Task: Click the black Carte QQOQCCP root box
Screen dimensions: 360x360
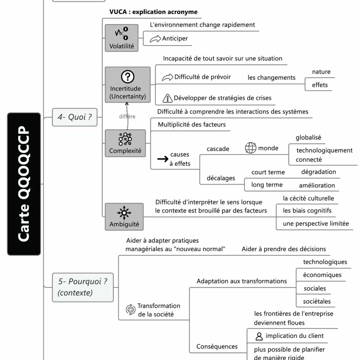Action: tap(24, 184)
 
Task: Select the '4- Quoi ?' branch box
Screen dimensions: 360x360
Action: tap(75, 117)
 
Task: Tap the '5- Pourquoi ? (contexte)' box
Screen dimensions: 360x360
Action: tap(83, 287)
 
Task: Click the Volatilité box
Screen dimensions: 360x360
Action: tap(121, 38)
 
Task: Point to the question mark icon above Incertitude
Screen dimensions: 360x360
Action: tap(127, 77)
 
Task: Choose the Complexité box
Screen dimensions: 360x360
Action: tap(125, 143)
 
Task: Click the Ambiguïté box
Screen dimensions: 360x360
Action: tap(124, 217)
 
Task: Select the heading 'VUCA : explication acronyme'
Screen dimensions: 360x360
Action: tap(153, 12)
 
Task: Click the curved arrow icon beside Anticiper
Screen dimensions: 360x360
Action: tap(155, 39)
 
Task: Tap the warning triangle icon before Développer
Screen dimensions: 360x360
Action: tap(167, 98)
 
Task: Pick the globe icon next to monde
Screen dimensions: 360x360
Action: tap(250, 148)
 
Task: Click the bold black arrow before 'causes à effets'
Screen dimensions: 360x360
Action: tap(163, 159)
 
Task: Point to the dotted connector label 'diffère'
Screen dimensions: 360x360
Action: tap(127, 116)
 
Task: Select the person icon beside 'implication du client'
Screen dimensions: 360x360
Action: tap(259, 336)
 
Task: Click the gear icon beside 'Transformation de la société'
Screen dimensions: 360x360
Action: tap(130, 310)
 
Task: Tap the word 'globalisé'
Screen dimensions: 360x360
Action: tap(308, 137)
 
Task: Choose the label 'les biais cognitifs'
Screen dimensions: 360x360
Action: tap(307, 211)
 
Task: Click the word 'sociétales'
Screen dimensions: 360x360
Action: tap(317, 301)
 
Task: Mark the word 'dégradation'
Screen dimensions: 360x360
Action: tap(319, 172)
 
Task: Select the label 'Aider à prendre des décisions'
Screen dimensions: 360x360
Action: tap(283, 249)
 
